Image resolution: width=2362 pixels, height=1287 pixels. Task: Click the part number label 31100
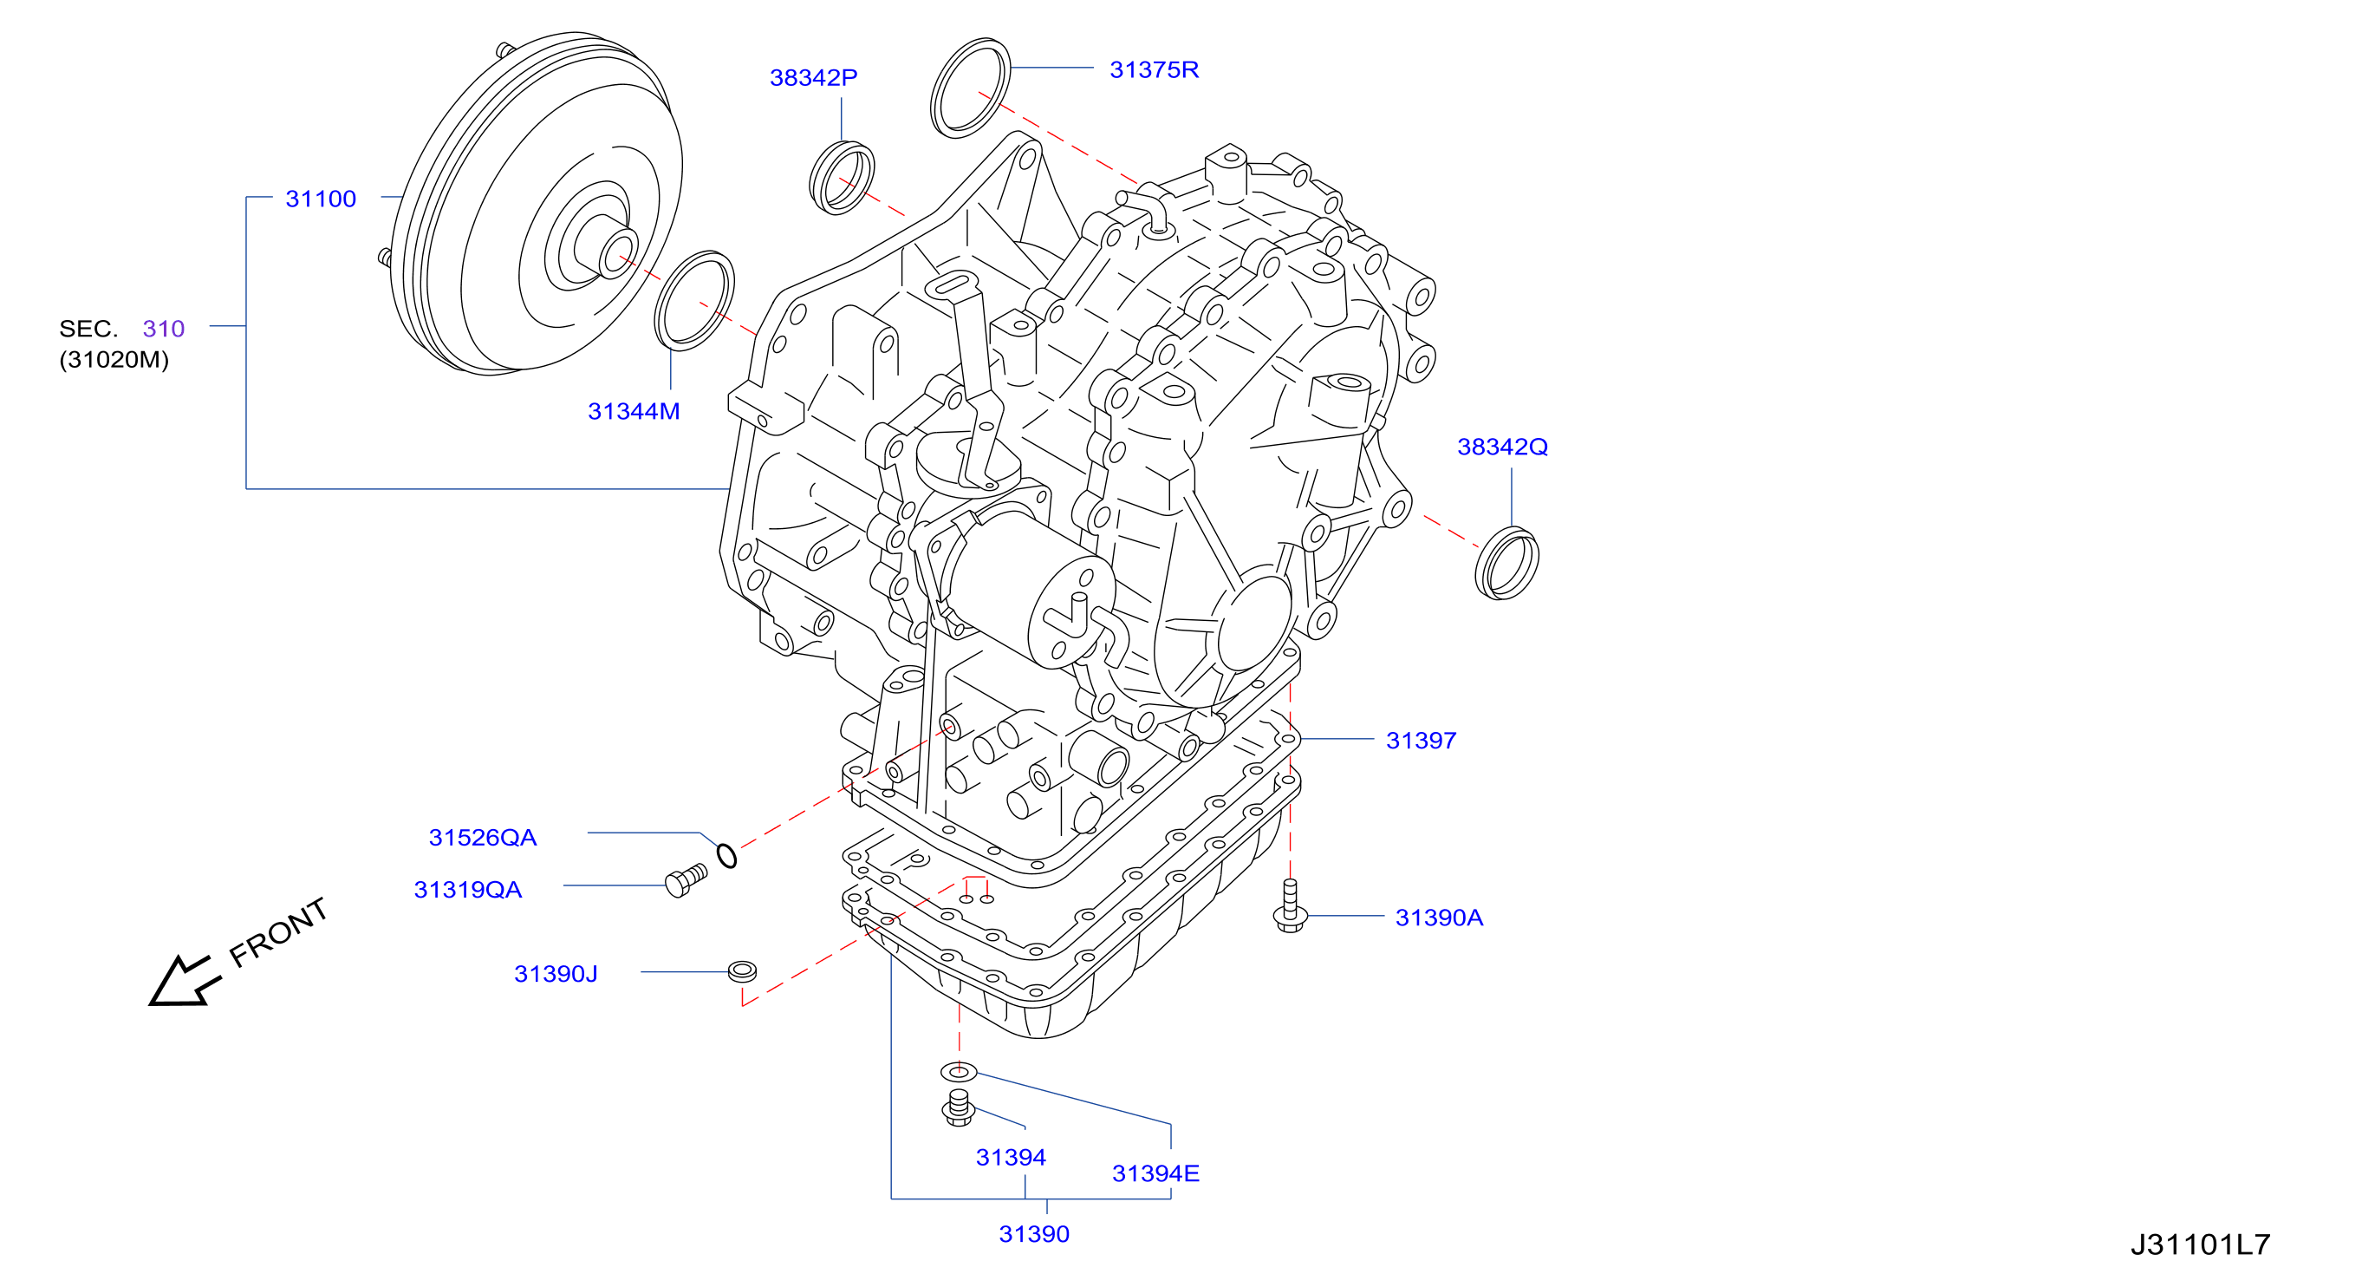pos(320,199)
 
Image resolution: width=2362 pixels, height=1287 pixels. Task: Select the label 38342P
pos(813,78)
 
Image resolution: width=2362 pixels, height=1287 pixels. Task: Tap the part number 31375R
pos(1154,69)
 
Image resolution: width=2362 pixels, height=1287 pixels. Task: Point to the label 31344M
pos(634,411)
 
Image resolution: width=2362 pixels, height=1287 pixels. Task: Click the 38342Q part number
pos(1502,447)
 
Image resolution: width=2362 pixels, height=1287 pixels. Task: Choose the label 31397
pos(1421,741)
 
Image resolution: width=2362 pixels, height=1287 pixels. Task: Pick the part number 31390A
pos(1439,918)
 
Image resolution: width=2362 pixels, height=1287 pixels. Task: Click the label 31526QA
pos(482,838)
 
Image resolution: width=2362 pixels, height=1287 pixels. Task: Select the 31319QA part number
pos(467,890)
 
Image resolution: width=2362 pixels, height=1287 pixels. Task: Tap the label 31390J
pos(556,973)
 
